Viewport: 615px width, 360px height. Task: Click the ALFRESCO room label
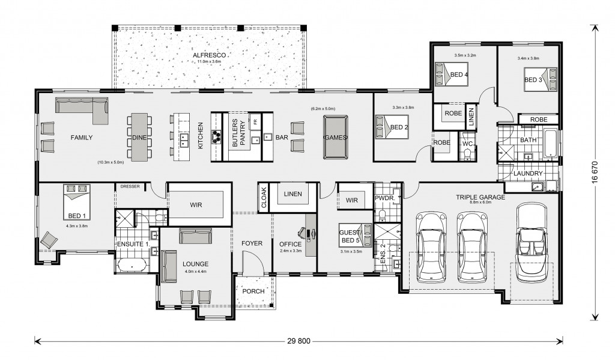tap(209, 55)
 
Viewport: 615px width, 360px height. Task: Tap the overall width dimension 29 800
tap(299, 341)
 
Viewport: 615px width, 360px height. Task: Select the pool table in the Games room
tap(336, 137)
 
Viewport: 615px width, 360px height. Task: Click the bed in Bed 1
tap(77, 202)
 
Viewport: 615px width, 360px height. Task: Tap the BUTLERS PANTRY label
tap(239, 133)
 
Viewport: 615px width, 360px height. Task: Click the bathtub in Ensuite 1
tap(131, 265)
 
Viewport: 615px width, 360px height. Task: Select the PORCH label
tap(253, 291)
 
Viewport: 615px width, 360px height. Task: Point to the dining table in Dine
tap(139, 137)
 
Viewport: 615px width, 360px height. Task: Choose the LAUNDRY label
tap(528, 173)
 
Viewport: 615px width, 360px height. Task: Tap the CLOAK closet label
tap(264, 198)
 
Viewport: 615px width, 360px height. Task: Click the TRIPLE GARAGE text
tap(480, 197)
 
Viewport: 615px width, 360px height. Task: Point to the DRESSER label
tap(130, 186)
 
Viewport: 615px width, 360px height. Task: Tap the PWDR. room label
tap(384, 198)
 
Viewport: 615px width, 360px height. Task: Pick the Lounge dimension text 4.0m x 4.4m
tap(195, 271)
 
